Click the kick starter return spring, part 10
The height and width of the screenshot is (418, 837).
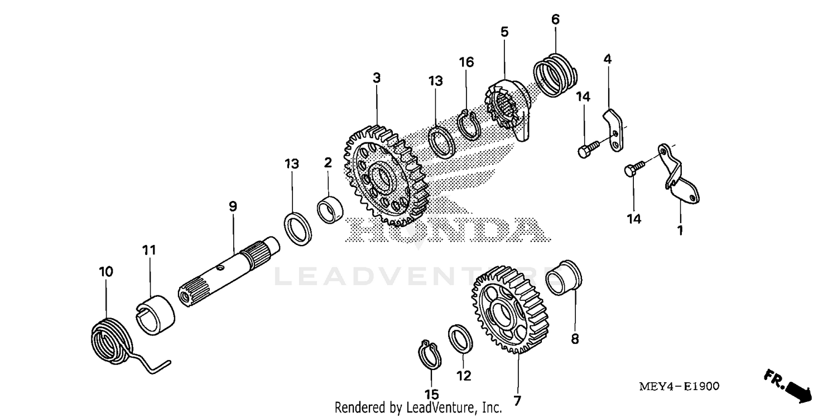(x=112, y=340)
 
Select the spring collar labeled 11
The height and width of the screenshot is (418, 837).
(x=156, y=314)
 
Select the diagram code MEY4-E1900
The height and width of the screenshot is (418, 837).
(x=679, y=386)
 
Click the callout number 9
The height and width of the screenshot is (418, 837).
(x=233, y=206)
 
